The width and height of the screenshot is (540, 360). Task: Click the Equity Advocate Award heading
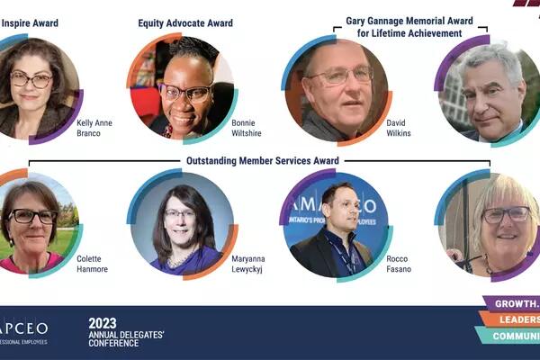185,23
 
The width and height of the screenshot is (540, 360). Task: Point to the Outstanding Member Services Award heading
262,161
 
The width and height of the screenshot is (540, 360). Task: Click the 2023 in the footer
103,323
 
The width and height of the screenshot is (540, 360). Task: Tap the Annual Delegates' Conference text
126,340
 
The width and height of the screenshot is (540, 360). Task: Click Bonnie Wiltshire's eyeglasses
186,91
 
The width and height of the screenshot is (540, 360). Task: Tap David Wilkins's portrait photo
337,88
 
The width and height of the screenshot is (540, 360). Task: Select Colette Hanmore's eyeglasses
32,216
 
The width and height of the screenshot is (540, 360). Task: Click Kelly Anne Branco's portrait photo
32,88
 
